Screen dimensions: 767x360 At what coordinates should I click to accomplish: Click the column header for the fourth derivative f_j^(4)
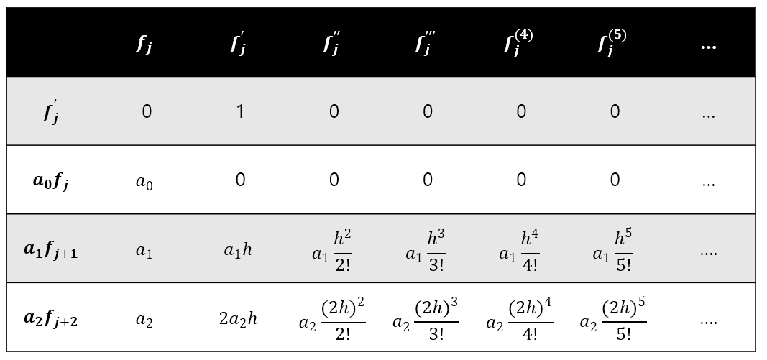tap(518, 43)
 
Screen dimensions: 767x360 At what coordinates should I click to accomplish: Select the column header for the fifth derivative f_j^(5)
tap(612, 43)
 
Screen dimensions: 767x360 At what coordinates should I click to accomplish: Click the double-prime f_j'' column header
tap(331, 44)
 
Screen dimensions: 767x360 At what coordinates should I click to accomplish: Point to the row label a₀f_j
tap(51, 180)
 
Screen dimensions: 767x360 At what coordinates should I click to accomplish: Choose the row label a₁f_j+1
tap(51, 250)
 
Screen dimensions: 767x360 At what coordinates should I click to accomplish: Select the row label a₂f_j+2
tap(51, 318)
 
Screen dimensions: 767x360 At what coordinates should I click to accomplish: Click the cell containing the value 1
tap(240, 111)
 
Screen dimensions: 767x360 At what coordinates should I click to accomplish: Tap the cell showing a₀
tap(144, 182)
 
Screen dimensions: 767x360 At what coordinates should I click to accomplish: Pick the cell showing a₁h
tap(239, 250)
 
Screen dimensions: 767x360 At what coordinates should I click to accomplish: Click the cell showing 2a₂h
tap(239, 318)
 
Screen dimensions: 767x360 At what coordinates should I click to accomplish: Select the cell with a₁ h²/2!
tap(332, 250)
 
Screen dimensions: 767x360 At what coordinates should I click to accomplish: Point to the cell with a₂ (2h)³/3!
tap(426, 319)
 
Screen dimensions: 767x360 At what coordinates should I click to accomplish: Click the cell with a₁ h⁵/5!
tap(613, 250)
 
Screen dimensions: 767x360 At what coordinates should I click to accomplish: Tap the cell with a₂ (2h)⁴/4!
tap(519, 319)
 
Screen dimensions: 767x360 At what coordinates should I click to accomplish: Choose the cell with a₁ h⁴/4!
tap(519, 250)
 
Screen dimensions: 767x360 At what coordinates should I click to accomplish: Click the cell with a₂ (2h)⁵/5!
tap(612, 319)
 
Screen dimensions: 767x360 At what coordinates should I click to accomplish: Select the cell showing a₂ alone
tap(144, 320)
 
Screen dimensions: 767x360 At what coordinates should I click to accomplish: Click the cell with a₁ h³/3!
tap(426, 250)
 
